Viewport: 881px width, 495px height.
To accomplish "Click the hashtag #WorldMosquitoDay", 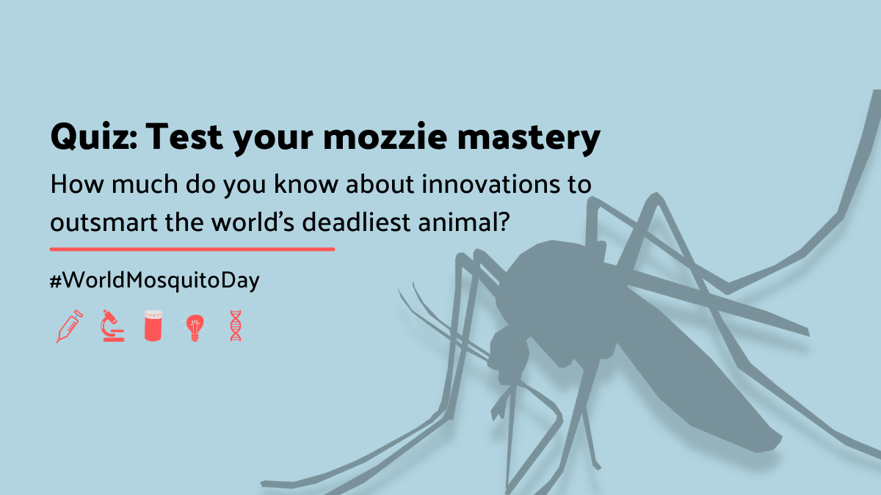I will [x=155, y=281].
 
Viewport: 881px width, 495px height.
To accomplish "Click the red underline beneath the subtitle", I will [x=192, y=249].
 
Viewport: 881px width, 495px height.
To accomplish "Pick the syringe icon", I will [x=69, y=326].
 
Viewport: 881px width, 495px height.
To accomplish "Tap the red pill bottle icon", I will [x=153, y=326].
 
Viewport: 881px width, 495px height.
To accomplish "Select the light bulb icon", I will [x=194, y=327].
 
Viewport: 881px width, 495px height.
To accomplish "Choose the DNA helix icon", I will [x=236, y=326].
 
